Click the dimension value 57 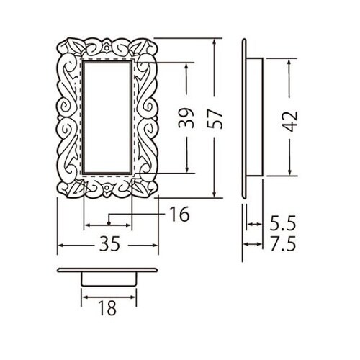pos(215,119)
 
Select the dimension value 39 pos(186,118)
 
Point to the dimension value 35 pos(109,243)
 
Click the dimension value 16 pos(179,214)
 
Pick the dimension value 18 pos(107,308)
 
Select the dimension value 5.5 pos(283,223)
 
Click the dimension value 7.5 pos(283,244)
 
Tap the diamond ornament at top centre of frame pos(107,47)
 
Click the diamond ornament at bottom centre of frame pos(107,189)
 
